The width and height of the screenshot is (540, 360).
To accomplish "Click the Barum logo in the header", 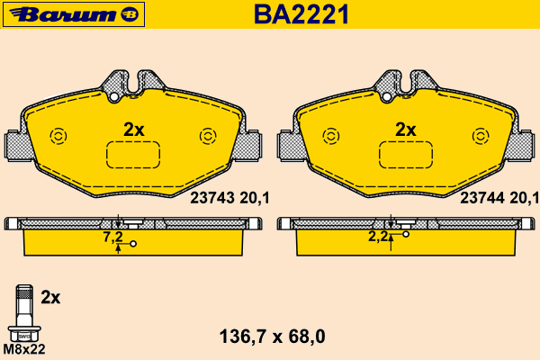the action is (74, 14).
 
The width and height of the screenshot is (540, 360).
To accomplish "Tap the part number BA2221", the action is (301, 14).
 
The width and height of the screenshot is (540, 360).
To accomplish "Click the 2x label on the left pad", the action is (134, 130).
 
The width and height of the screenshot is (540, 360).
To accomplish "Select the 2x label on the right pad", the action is (406, 130).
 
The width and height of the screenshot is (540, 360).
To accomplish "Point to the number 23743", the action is (212, 198).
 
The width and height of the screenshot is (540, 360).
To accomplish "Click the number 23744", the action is (482, 198).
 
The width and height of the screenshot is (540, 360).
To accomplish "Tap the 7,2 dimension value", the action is (113, 238).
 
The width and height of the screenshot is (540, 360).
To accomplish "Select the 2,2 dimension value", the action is (378, 237).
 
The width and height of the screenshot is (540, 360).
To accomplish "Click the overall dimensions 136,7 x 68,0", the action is (272, 337).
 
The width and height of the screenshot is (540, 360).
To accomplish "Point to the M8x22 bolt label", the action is (24, 349).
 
